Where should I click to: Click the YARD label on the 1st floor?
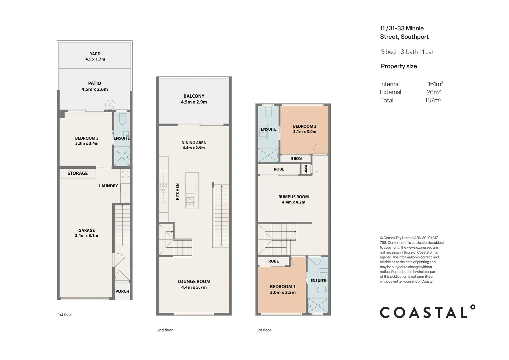(95, 54)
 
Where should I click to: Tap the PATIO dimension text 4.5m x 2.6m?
(95, 89)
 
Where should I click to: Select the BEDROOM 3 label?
(87, 138)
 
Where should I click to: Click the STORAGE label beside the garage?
(78, 173)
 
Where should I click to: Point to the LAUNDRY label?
(108, 186)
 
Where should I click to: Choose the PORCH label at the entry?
(122, 291)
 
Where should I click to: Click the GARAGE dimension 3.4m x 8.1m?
(87, 236)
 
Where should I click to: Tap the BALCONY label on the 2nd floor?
(194, 96)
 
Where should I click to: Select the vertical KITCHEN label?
(178, 192)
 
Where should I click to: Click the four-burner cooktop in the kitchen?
(164, 188)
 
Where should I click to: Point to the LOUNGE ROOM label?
(194, 282)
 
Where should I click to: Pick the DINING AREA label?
(194, 143)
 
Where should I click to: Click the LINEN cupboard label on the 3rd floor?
(305, 169)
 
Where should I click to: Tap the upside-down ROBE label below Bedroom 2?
(296, 159)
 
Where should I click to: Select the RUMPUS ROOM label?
(293, 197)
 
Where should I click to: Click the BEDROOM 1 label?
(283, 287)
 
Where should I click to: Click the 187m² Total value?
(433, 100)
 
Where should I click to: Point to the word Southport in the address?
(415, 37)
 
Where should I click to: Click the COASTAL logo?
(427, 311)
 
